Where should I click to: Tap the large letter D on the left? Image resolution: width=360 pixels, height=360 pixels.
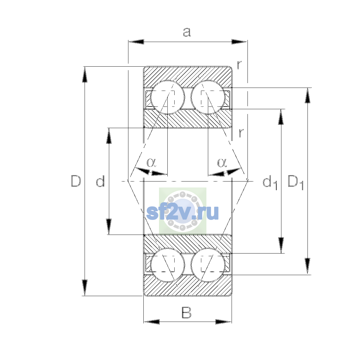[x=76, y=181]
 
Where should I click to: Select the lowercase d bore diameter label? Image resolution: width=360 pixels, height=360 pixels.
[x=100, y=181]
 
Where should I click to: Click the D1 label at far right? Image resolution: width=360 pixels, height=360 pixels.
[x=295, y=182]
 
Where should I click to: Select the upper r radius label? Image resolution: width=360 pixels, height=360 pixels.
[x=239, y=65]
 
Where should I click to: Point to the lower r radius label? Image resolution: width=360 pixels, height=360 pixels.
[x=241, y=133]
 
